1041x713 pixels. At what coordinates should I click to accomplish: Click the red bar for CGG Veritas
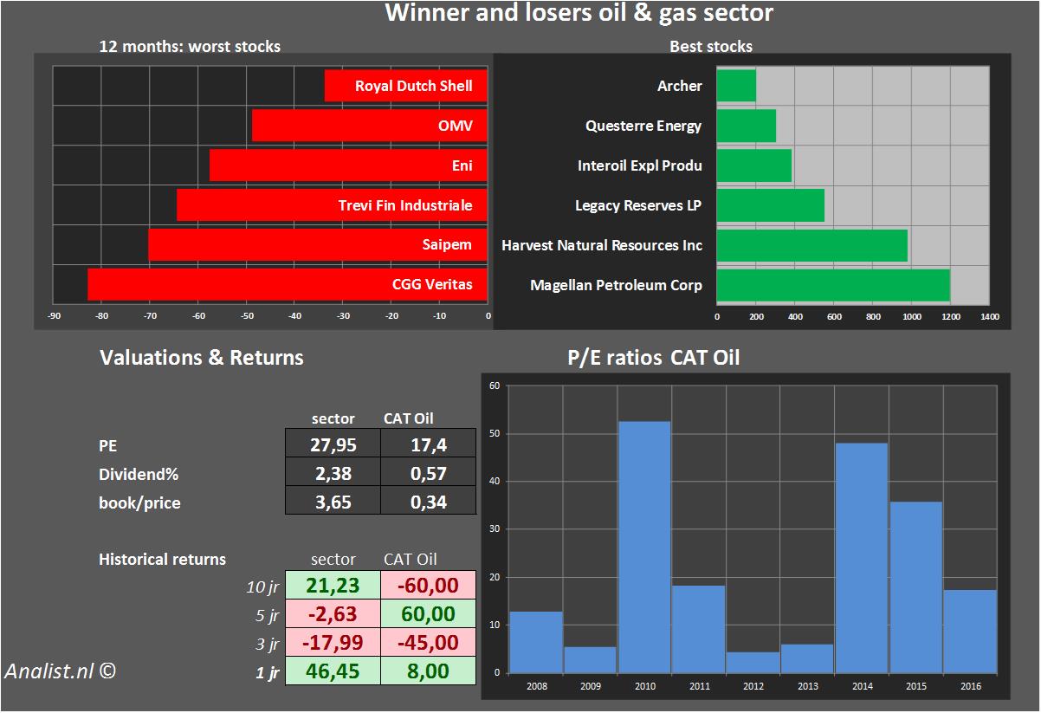(x=287, y=284)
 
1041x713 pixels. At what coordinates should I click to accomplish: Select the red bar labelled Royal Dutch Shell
(x=405, y=86)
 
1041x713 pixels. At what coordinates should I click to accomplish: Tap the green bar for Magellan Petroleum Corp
(x=833, y=284)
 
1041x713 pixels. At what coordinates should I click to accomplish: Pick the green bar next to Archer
(x=736, y=86)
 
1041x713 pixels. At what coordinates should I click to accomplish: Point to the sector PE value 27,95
(x=333, y=445)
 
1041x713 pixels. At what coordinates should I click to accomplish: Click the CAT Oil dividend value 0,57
(x=428, y=474)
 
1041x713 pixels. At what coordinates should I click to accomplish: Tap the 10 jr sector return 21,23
(x=333, y=587)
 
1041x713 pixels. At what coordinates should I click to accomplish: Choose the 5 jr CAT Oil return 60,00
(x=428, y=614)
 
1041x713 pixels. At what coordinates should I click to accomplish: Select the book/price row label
(x=139, y=502)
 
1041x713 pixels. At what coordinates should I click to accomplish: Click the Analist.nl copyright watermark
(x=60, y=671)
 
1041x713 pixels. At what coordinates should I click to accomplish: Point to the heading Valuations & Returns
(x=202, y=358)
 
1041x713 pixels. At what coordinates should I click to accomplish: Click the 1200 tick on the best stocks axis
(x=951, y=317)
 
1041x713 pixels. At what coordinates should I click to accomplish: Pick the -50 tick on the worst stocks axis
(x=247, y=316)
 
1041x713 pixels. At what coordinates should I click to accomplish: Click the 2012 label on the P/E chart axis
(x=753, y=687)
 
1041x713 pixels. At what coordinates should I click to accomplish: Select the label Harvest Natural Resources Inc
(x=602, y=245)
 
